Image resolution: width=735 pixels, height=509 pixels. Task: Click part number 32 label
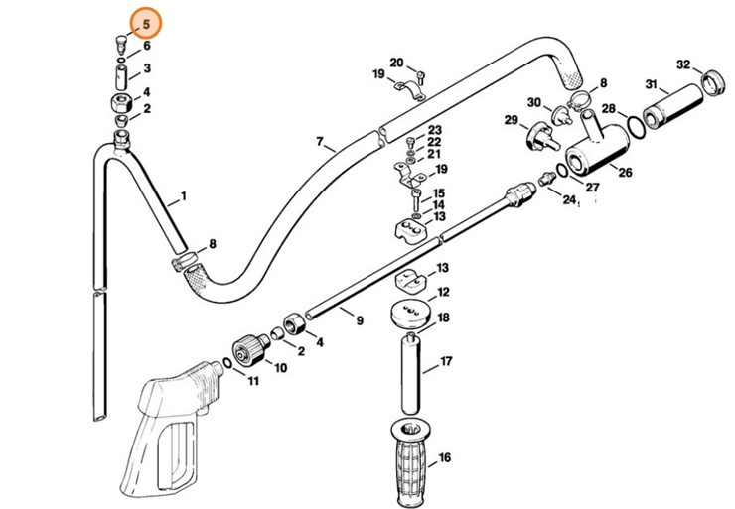click(683, 64)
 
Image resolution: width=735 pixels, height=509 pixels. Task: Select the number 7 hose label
click(320, 142)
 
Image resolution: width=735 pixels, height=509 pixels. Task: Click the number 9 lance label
click(359, 319)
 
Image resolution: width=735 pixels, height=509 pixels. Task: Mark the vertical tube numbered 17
click(408, 375)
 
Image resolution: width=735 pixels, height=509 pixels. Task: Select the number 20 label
click(396, 64)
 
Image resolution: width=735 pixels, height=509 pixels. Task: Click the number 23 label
click(434, 130)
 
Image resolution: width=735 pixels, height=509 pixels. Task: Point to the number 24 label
click(569, 199)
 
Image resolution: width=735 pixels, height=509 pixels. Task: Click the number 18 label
click(443, 318)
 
